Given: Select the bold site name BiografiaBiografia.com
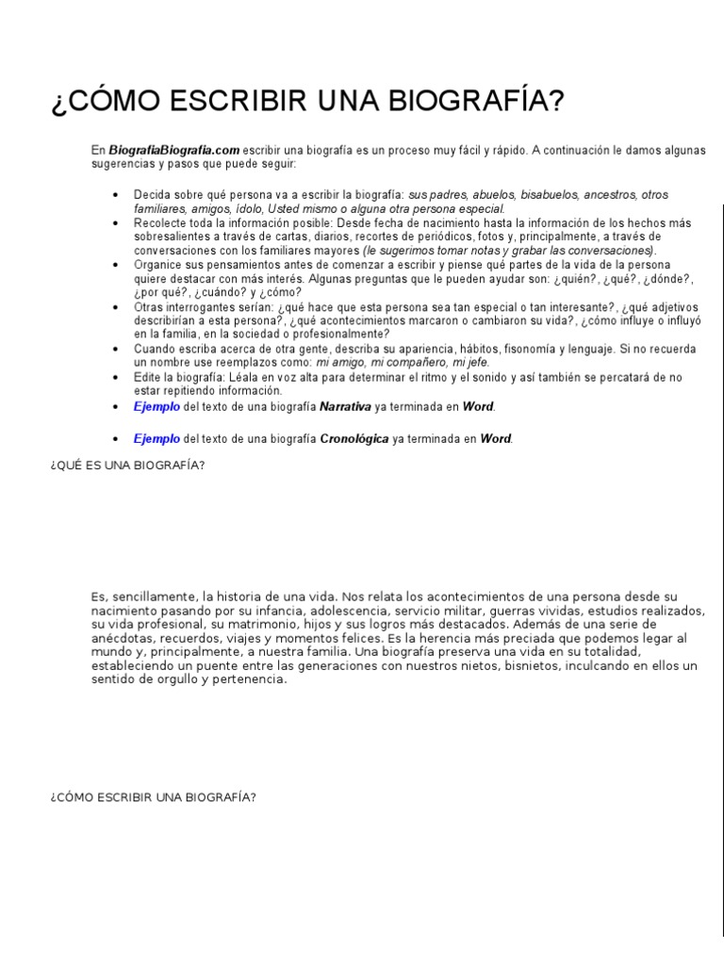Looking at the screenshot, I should point(174,150).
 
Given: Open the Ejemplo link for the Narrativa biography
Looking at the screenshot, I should point(156,406).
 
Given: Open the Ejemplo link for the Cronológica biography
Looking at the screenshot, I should point(156,438).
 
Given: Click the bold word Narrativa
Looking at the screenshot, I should point(345,406).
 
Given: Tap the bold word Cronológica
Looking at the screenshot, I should point(354,438).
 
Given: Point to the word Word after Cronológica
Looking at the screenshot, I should point(496,438).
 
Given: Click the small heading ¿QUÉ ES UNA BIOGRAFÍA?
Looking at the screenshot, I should point(127,466).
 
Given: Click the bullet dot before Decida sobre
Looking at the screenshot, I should point(115,195).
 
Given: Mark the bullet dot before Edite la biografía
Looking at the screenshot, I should point(115,376).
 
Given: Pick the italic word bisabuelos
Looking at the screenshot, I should point(547,195).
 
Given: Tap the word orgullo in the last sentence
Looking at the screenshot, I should point(179,679).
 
